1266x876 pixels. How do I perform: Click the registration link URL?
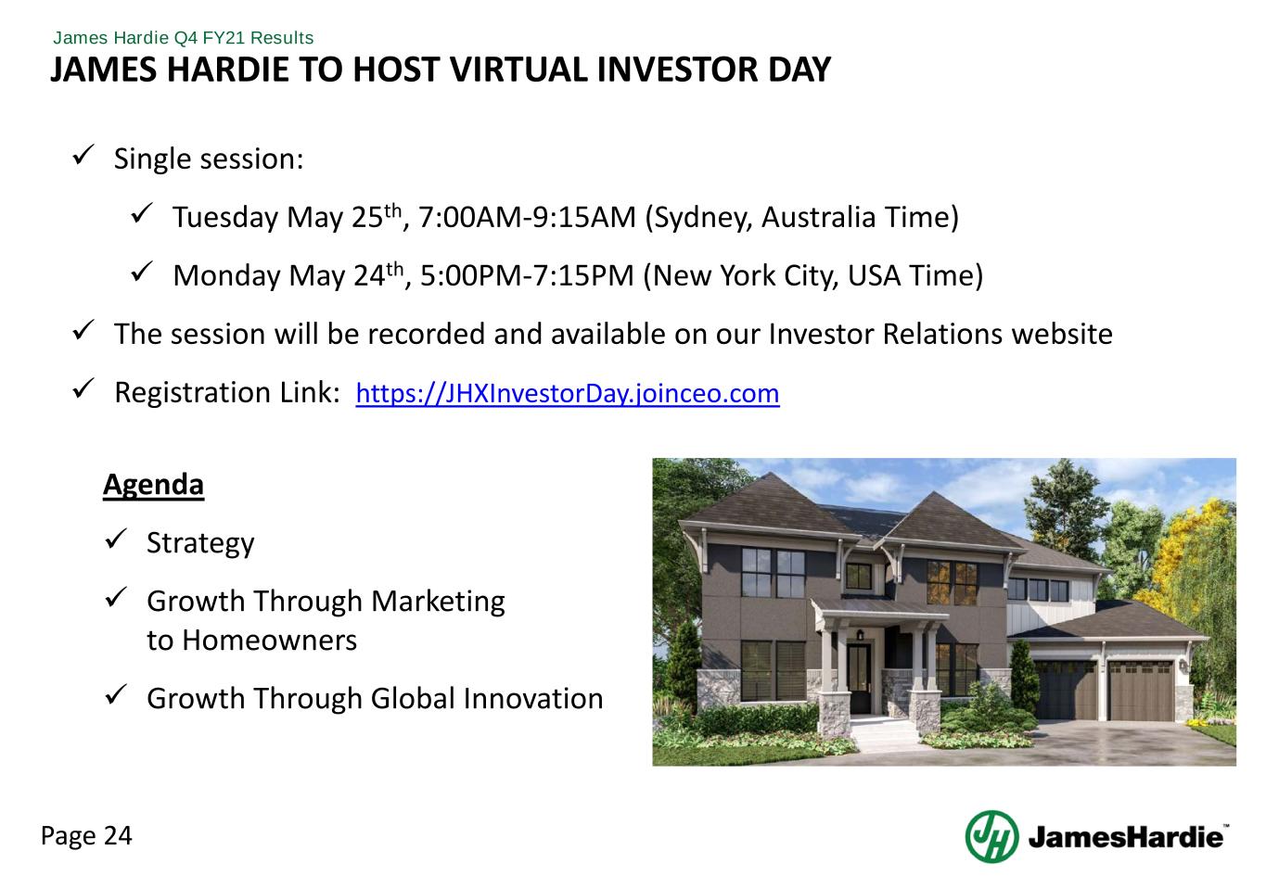(568, 394)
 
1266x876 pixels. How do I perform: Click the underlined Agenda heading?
(153, 485)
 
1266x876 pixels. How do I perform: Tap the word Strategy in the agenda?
(200, 544)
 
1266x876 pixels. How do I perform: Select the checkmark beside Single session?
(83, 155)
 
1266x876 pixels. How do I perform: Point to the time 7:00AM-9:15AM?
(528, 218)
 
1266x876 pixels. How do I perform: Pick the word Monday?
(226, 277)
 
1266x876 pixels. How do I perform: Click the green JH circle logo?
(991, 836)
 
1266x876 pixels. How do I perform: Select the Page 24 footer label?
(86, 836)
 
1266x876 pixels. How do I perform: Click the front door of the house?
(859, 678)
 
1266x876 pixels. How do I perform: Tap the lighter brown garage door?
(1140, 692)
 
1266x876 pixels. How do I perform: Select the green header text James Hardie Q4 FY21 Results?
(183, 38)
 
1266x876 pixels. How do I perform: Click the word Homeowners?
(270, 641)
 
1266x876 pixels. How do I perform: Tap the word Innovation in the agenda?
(533, 699)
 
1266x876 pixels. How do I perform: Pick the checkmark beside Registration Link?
(83, 388)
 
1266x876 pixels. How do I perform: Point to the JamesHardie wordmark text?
(1126, 837)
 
